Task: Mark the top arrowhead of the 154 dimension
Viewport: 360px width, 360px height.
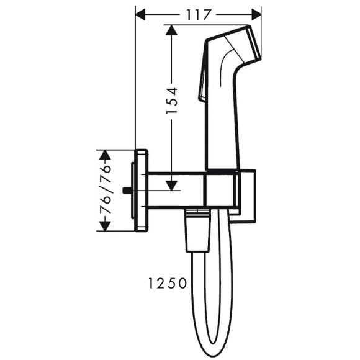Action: tap(171, 29)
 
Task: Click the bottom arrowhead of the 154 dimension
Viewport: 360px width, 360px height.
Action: tap(171, 185)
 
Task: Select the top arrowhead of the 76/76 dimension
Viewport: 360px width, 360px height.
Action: tap(106, 154)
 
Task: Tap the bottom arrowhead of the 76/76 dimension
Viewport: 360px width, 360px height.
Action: tap(106, 226)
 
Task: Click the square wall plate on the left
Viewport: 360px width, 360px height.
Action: tap(142, 190)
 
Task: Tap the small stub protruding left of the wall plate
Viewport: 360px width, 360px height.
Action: tap(127, 191)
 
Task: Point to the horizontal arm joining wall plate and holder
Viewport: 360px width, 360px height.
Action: tap(177, 190)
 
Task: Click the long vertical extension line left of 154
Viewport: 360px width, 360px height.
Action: tap(135, 81)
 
